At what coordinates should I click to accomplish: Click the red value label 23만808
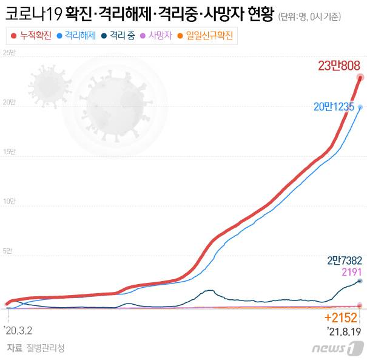(339, 66)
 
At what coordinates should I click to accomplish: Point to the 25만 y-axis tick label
(10, 54)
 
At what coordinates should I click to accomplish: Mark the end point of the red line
(360, 77)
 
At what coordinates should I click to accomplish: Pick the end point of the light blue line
(360, 107)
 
